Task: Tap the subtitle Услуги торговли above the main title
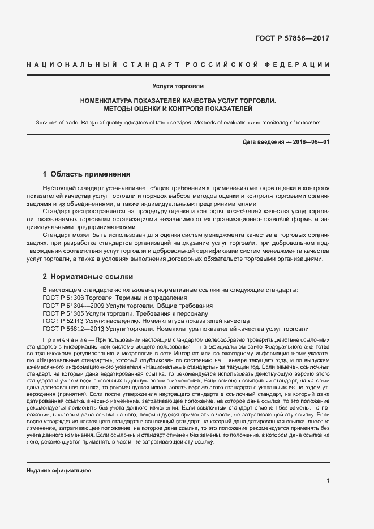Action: (x=178, y=87)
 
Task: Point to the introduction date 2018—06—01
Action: (x=309, y=141)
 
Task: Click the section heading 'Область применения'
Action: (x=91, y=174)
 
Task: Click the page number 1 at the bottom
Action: (x=328, y=480)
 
